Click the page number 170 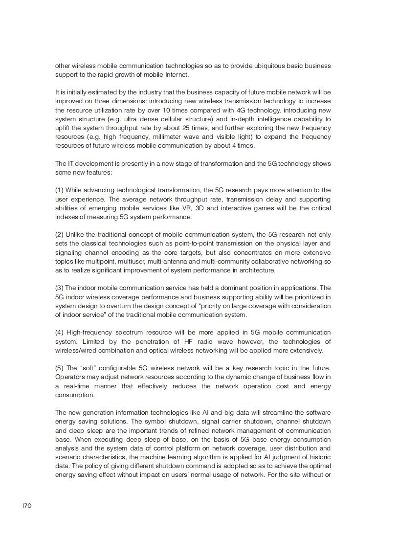tap(26, 505)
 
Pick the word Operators tap(70, 377)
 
